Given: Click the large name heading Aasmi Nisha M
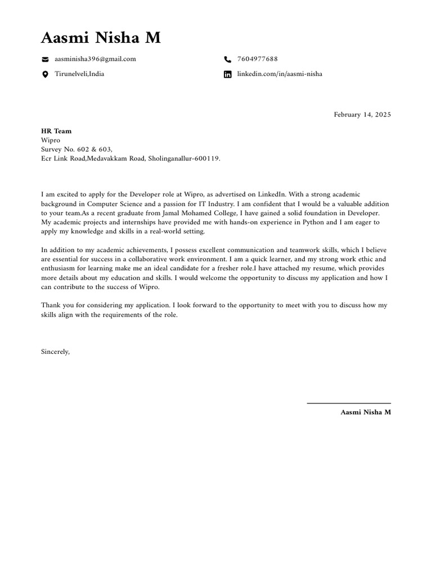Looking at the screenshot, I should (101, 38).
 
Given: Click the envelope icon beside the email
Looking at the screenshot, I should (45, 59).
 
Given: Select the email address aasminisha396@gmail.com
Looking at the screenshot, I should (95, 59).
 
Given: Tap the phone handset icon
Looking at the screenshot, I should (227, 59).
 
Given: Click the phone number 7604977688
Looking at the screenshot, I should (257, 59).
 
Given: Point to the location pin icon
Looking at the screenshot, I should (45, 74).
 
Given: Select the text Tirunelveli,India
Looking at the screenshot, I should (79, 74).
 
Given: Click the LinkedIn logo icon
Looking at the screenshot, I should (227, 74).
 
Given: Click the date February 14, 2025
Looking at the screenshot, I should (362, 115).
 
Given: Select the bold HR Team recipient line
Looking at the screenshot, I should (56, 131).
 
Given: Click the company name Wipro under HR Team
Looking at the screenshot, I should (51, 140).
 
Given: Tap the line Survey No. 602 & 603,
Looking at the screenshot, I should (77, 149).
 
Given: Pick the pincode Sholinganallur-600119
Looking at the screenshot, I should (184, 159).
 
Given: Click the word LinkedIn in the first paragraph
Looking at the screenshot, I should (272, 195).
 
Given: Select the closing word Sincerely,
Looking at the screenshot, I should (56, 352).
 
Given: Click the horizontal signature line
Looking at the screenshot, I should (348, 403).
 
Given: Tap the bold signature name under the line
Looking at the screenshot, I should (365, 412).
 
